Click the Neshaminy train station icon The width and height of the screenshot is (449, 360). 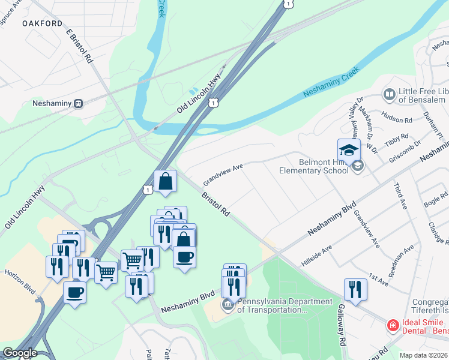[78, 103]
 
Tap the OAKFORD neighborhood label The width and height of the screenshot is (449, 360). [43, 23]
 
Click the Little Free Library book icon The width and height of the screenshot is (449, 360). [389, 94]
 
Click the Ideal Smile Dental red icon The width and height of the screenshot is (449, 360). [393, 325]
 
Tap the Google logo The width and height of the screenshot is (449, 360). [19, 353]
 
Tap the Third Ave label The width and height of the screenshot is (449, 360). [400, 197]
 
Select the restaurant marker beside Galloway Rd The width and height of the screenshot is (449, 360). [355, 290]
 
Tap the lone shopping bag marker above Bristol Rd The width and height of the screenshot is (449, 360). [165, 181]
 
